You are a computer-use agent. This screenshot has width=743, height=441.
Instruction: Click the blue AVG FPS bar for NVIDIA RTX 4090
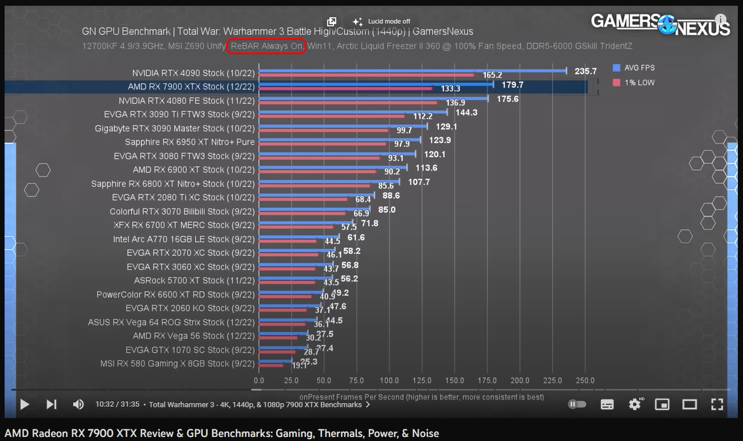412,71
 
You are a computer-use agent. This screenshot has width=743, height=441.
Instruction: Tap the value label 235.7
586,71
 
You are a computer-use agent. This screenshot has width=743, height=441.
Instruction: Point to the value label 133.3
450,89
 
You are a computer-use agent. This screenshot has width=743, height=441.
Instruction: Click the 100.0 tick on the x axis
389,381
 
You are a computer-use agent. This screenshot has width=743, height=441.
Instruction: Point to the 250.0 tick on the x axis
585,381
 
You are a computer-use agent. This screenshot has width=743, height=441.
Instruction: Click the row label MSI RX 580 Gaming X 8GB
178,364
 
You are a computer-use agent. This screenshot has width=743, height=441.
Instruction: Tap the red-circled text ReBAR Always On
266,46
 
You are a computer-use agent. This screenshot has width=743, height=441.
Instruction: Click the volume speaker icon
78,404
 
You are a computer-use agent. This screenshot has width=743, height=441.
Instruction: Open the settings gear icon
634,404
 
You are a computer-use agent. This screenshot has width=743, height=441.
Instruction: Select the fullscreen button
717,404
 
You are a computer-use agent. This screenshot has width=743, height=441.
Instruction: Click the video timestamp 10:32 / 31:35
117,404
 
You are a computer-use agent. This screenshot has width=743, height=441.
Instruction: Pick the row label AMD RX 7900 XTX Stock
191,87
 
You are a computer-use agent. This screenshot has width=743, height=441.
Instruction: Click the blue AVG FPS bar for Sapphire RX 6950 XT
340,140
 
